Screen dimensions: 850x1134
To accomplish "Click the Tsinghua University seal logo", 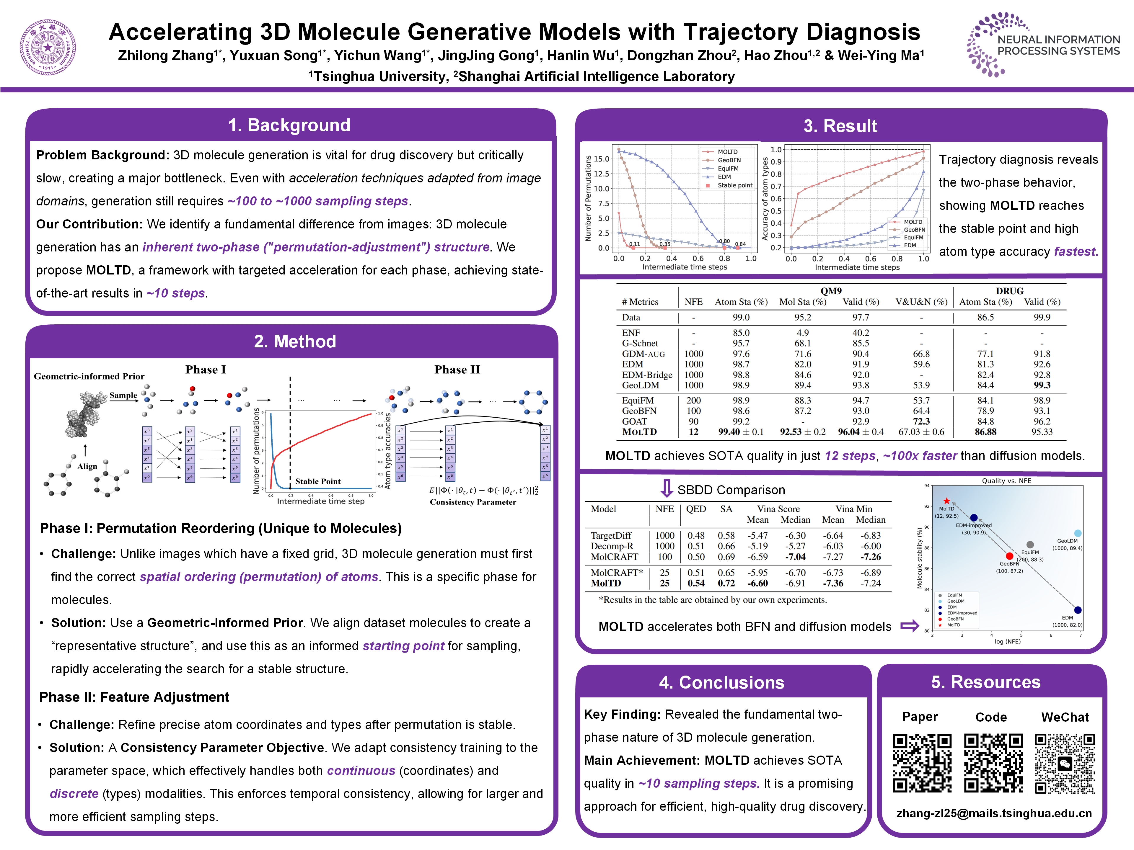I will point(48,47).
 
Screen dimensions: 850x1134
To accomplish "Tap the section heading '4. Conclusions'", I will point(721,682).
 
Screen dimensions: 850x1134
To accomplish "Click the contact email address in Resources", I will point(993,813).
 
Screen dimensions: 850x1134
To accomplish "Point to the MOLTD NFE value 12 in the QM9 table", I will point(693,432).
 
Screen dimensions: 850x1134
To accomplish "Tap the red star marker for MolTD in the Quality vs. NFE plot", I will point(947,501).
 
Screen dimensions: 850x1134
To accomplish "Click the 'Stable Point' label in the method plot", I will point(317,481).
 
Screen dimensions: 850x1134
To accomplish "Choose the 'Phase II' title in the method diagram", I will point(457,370).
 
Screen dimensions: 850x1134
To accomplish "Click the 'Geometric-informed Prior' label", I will point(89,376).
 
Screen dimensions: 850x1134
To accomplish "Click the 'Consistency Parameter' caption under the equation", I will point(473,502).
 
